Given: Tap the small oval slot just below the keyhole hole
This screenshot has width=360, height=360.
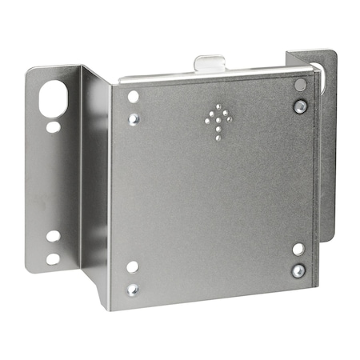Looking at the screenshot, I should pos(53,126).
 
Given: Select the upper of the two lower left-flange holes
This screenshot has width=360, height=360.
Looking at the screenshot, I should pos(53,236).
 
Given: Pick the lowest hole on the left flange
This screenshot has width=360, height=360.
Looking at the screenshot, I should pos(53,258).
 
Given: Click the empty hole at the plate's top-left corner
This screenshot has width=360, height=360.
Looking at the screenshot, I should pos(133,96).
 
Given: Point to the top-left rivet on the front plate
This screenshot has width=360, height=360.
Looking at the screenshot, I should pos(134,118).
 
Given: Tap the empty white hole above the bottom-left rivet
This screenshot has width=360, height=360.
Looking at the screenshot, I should pos(133,266).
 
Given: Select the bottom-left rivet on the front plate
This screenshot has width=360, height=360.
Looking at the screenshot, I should pos(133,289).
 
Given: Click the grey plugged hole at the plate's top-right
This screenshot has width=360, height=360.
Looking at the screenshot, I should pos(300,85).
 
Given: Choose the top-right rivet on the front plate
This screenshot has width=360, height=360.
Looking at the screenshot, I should pos(299,106).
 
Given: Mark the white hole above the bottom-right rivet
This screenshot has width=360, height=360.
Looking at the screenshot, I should pos(298,249).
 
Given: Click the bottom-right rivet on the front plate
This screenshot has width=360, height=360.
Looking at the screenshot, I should pos(298,270).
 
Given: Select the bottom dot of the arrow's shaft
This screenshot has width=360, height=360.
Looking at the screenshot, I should pos(218,139).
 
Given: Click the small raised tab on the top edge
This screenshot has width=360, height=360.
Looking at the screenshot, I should pos(210,64).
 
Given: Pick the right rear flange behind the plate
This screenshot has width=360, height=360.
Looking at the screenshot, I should pos(324,144).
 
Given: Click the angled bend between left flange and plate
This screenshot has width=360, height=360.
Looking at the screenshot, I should pos(95,176).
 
